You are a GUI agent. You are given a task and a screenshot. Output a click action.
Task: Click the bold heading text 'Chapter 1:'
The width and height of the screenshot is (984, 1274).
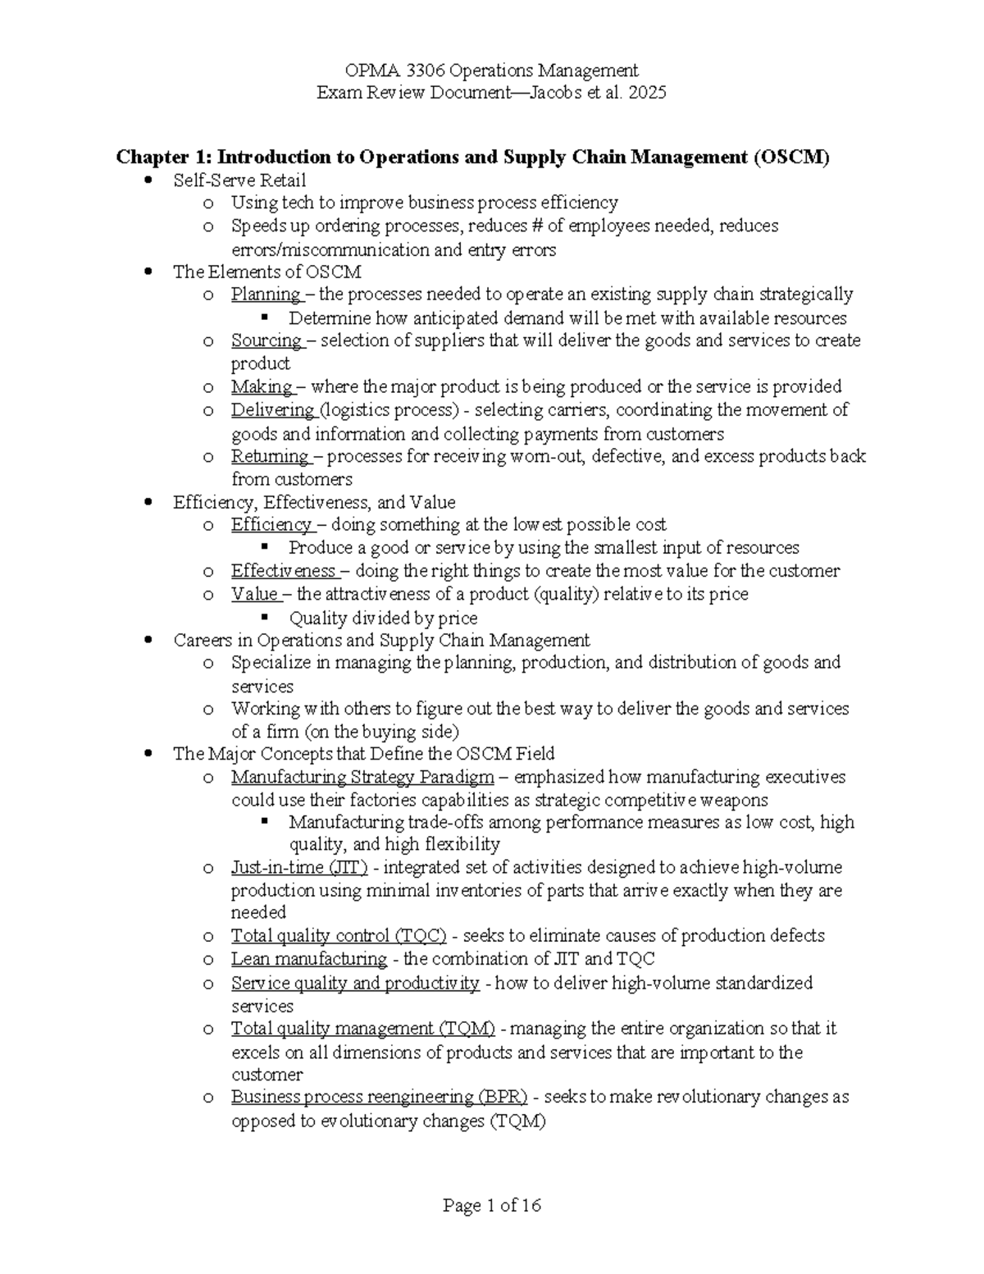coord(164,157)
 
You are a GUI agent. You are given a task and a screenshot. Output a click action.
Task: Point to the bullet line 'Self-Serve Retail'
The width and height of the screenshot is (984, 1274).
coord(239,180)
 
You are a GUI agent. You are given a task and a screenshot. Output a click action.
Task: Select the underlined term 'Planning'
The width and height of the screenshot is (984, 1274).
coord(266,295)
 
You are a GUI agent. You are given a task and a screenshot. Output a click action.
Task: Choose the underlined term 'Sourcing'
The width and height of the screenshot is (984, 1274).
coord(266,340)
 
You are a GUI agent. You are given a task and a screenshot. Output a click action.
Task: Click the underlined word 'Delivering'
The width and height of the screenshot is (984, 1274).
coord(273,409)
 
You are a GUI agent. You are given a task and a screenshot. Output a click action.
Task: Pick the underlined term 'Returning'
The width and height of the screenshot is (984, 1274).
coord(270,456)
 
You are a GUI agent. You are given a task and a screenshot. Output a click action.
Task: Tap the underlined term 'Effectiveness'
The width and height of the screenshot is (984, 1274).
coord(283,571)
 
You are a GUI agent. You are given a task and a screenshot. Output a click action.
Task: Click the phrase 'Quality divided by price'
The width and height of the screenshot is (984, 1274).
coord(383,618)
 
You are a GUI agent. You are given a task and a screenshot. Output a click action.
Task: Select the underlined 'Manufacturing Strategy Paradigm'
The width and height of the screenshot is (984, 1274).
coord(362,777)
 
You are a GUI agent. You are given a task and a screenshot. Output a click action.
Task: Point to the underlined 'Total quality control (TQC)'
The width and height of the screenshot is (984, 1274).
coord(339,936)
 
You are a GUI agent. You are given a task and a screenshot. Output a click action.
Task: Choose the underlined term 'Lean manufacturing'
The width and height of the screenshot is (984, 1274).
coord(308,959)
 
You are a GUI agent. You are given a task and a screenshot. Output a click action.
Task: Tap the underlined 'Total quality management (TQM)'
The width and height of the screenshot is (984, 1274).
coord(363,1029)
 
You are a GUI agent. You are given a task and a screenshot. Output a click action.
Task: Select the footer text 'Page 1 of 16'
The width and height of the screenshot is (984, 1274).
coord(492,1205)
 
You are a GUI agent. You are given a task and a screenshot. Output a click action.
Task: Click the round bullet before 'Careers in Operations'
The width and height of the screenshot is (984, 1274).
coord(148,641)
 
